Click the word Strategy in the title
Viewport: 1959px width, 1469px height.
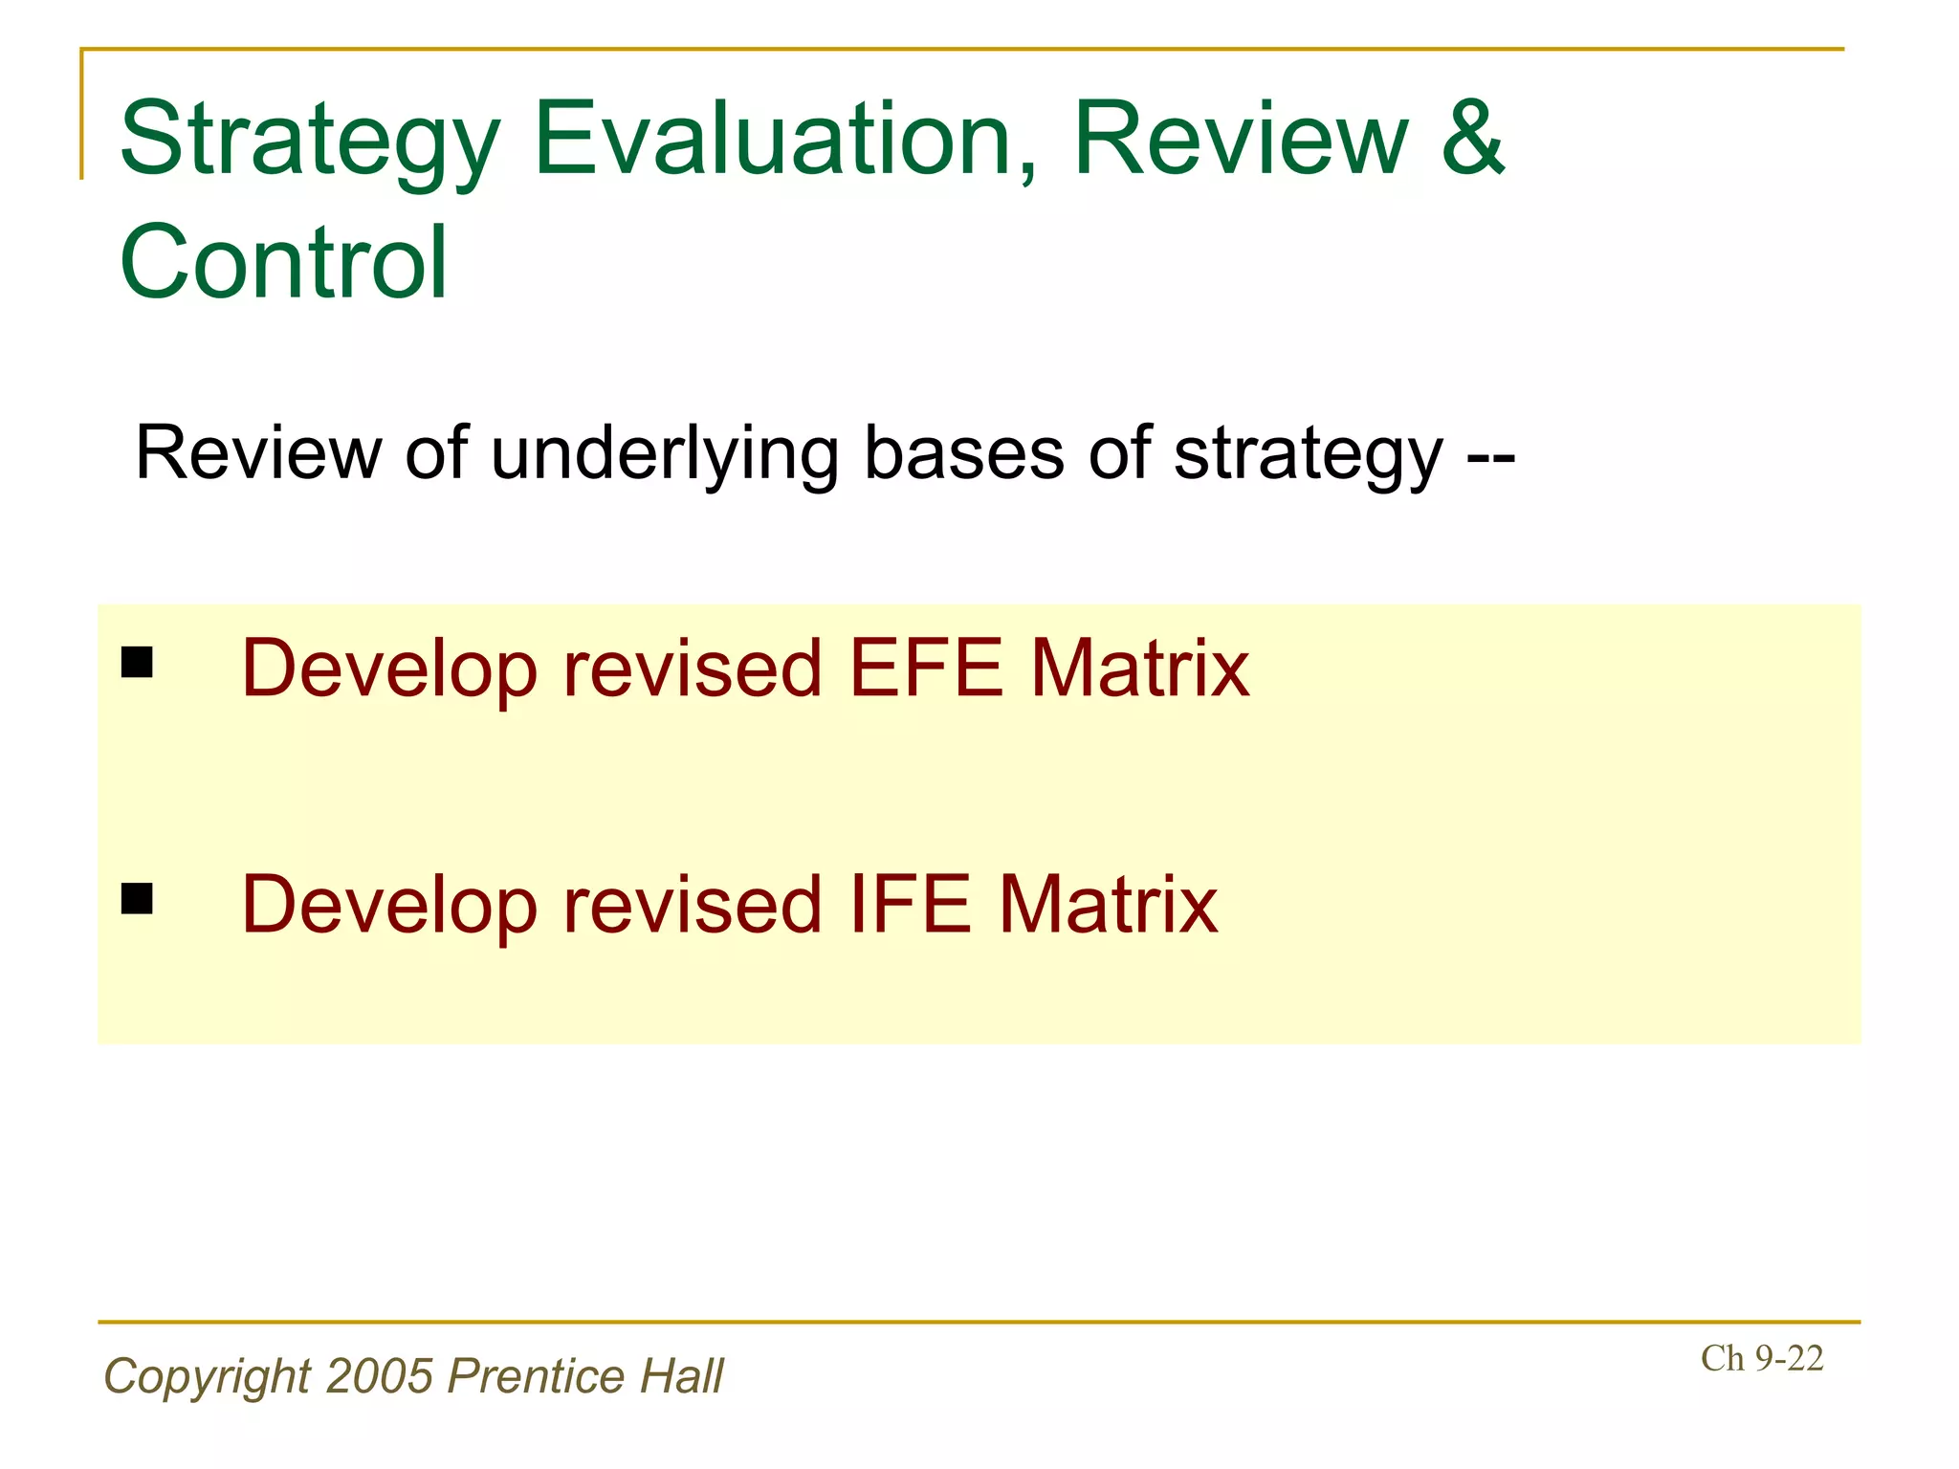click(309, 142)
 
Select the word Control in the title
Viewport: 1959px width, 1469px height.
click(283, 262)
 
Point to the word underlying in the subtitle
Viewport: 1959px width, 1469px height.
click(665, 454)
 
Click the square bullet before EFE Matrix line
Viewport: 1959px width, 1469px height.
click(138, 662)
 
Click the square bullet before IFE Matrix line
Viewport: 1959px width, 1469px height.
click(138, 899)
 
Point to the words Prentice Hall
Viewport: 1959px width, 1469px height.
click(585, 1376)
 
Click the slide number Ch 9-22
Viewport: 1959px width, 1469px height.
click(1761, 1358)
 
